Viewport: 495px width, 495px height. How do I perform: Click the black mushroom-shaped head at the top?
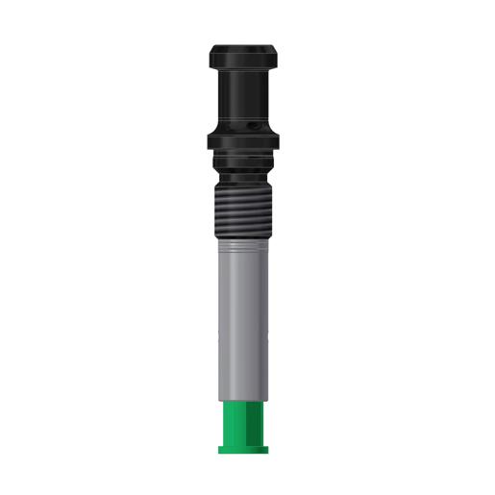click(x=244, y=56)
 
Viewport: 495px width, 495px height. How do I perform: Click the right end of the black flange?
click(x=280, y=142)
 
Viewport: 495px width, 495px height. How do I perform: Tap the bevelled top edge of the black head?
click(x=244, y=43)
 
